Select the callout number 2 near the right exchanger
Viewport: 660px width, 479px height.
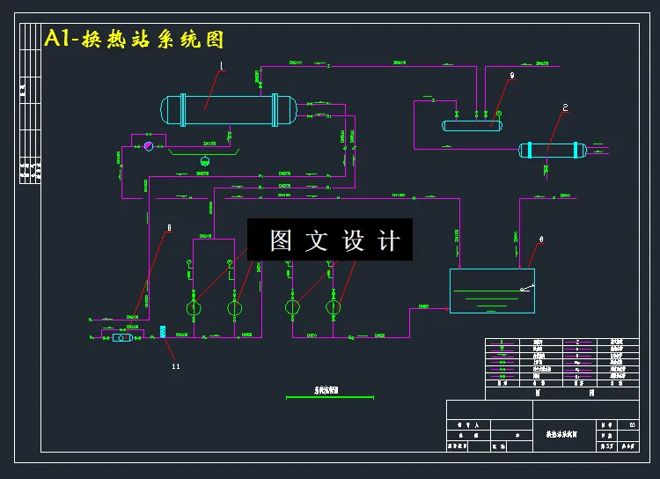(565, 108)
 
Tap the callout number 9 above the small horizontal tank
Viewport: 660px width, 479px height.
(511, 77)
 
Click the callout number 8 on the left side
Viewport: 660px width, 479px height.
(168, 228)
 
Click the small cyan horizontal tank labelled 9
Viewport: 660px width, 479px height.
(472, 125)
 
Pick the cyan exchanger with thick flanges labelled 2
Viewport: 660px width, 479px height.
(552, 151)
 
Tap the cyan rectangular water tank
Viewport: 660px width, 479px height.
(492, 291)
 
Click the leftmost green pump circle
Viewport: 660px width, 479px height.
(194, 309)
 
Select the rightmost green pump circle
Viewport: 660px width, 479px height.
(334, 309)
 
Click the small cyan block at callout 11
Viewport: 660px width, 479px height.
(164, 332)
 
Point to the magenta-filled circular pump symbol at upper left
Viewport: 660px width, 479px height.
(148, 146)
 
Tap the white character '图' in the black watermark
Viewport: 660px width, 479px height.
(281, 240)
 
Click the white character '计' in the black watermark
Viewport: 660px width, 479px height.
(388, 240)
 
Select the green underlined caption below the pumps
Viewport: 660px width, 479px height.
(326, 389)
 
